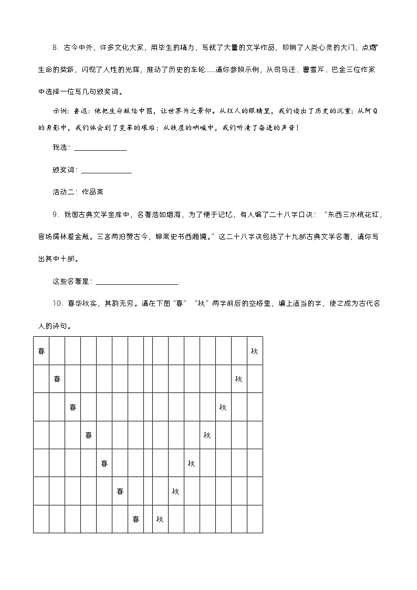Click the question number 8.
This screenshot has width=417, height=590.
coord(55,48)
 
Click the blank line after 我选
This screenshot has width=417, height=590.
coord(100,148)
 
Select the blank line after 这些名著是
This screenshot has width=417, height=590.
coord(137,282)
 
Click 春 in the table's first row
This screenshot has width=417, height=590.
coord(41,350)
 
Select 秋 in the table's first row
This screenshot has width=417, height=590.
coord(254,350)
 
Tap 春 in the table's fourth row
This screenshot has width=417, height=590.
coord(89,435)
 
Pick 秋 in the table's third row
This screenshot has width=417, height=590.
coord(223,407)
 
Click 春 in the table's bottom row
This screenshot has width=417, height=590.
coord(135,519)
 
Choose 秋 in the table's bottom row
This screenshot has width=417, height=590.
coord(160,519)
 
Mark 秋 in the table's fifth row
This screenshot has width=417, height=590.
coord(191,463)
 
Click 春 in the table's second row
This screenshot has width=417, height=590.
coord(57,379)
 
